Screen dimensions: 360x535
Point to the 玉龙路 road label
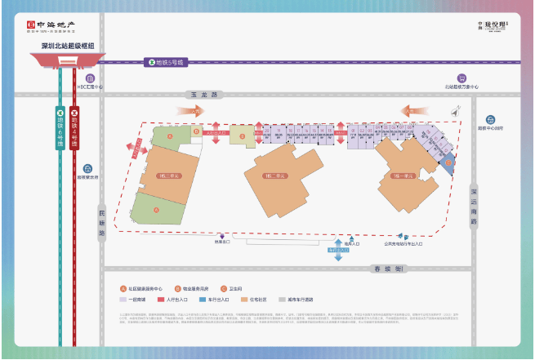tap(194, 95)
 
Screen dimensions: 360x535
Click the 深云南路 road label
tap(474, 205)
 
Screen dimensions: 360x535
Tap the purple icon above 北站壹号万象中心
tap(461, 76)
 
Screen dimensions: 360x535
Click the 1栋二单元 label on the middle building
tap(274, 175)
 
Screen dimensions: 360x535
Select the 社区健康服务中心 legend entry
tap(145, 288)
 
